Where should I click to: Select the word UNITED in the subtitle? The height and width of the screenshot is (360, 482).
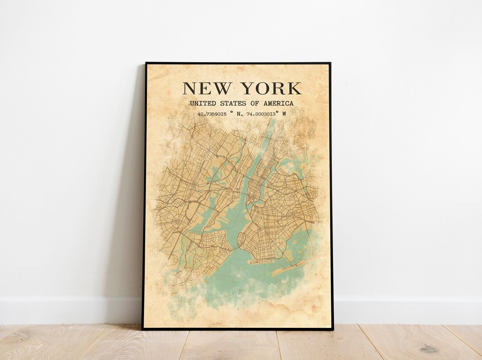click(202, 104)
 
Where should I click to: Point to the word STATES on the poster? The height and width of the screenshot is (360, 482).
click(232, 104)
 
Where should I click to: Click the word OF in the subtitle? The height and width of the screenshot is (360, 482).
click(255, 104)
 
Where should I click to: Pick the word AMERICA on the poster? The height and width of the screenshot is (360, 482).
click(278, 104)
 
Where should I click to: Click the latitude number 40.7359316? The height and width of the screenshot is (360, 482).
click(212, 114)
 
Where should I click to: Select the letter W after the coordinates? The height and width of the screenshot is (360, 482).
click(284, 114)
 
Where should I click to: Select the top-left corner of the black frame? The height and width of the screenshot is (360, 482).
click(146, 63)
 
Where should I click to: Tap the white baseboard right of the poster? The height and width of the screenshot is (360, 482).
click(402, 310)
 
